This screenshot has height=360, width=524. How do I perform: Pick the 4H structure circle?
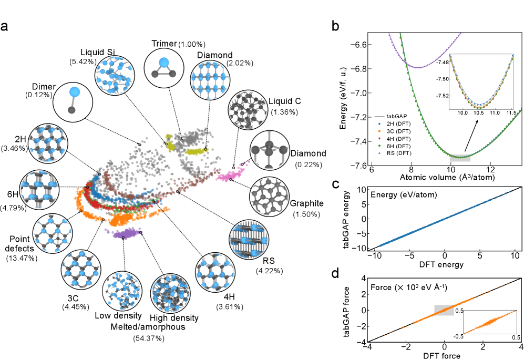pyautogui.click(x=217, y=275)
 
